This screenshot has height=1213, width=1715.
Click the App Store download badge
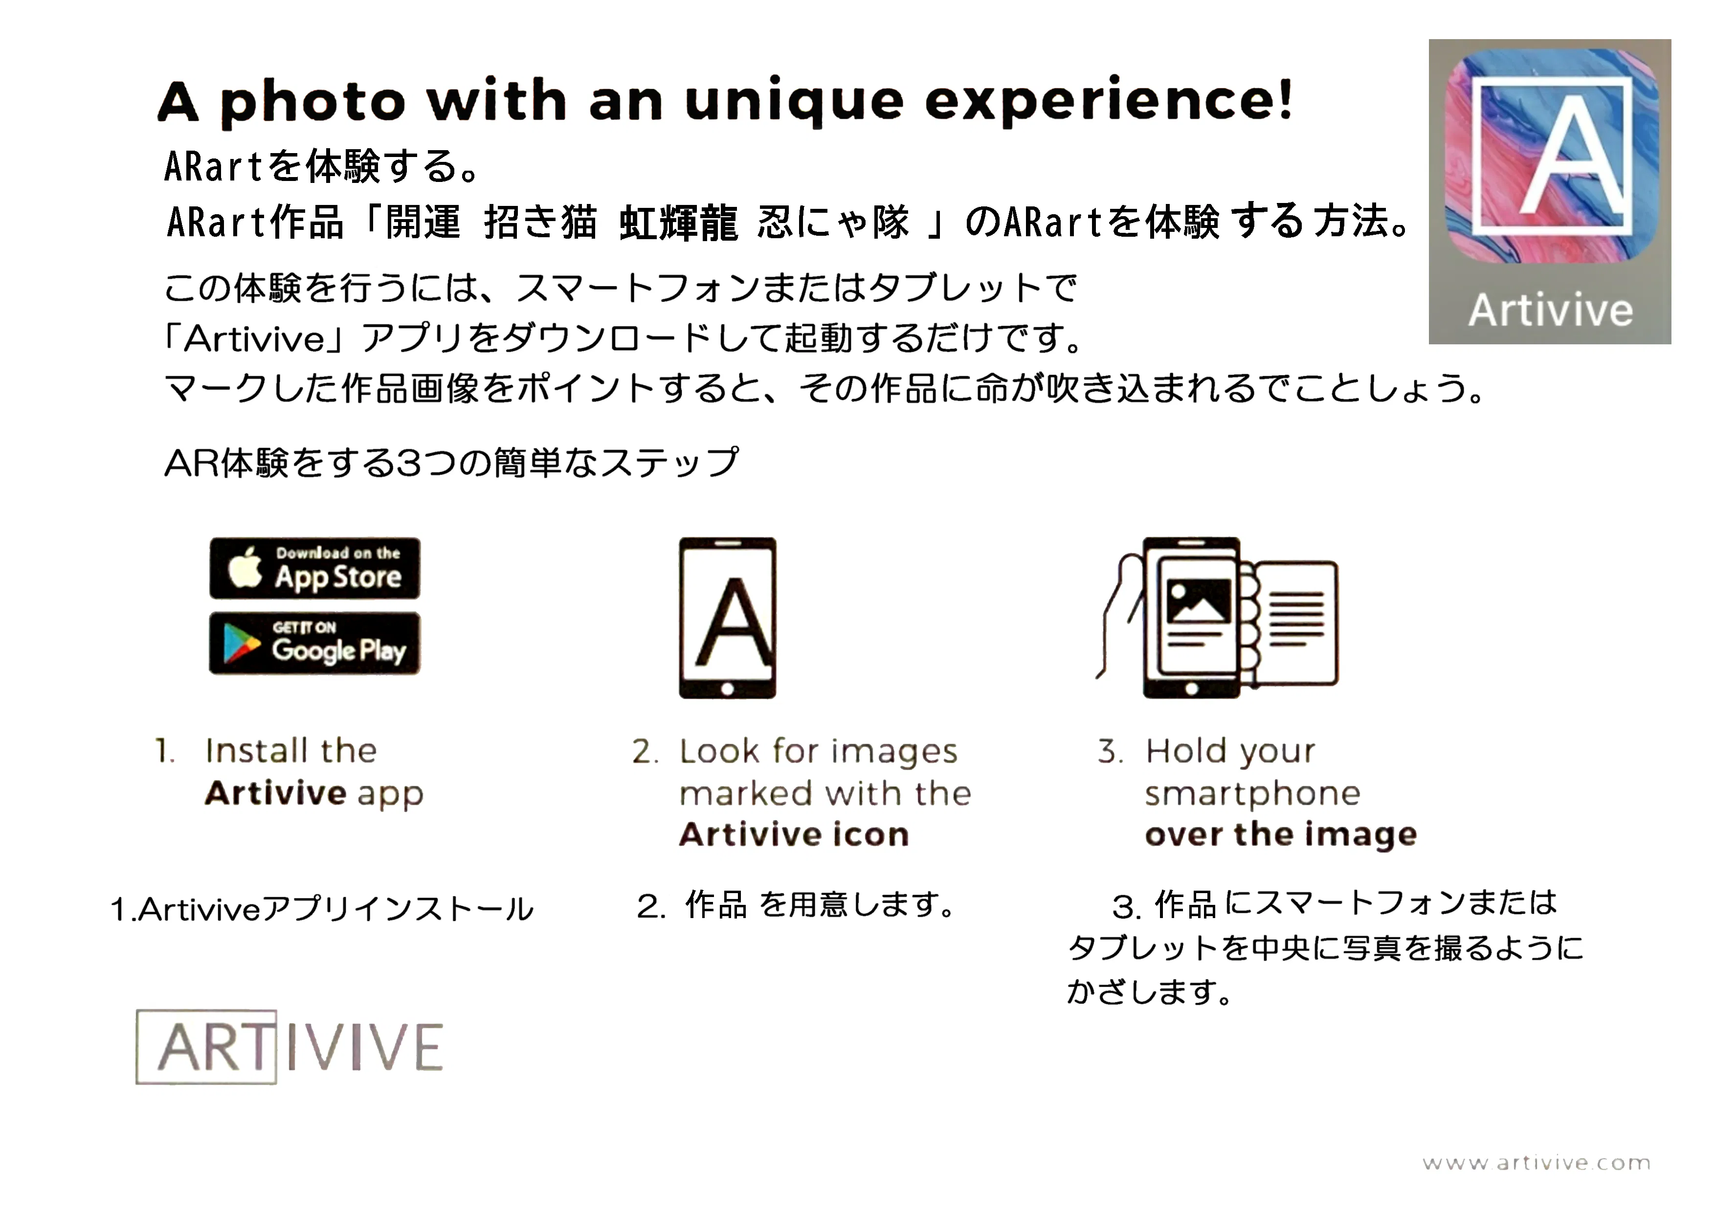[x=314, y=568]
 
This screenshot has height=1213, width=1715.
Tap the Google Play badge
[x=314, y=643]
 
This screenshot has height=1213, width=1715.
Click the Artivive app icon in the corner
[x=1550, y=192]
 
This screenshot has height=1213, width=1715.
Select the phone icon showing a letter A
[x=728, y=618]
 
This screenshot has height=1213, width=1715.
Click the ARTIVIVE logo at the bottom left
[x=290, y=1046]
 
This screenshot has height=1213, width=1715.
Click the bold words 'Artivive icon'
[x=794, y=834]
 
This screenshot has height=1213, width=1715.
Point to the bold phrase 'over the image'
[x=1281, y=834]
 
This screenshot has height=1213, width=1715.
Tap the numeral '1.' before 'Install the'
[x=165, y=751]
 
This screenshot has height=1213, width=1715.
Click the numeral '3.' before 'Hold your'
[x=1110, y=751]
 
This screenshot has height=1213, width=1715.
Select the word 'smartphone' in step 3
[x=1253, y=794]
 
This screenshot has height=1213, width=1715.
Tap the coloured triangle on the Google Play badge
[x=241, y=644]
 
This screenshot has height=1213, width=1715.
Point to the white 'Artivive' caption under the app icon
[x=1551, y=310]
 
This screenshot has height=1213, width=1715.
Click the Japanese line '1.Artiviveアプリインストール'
[x=322, y=909]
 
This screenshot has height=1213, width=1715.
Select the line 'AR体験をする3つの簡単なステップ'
[x=452, y=462]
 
